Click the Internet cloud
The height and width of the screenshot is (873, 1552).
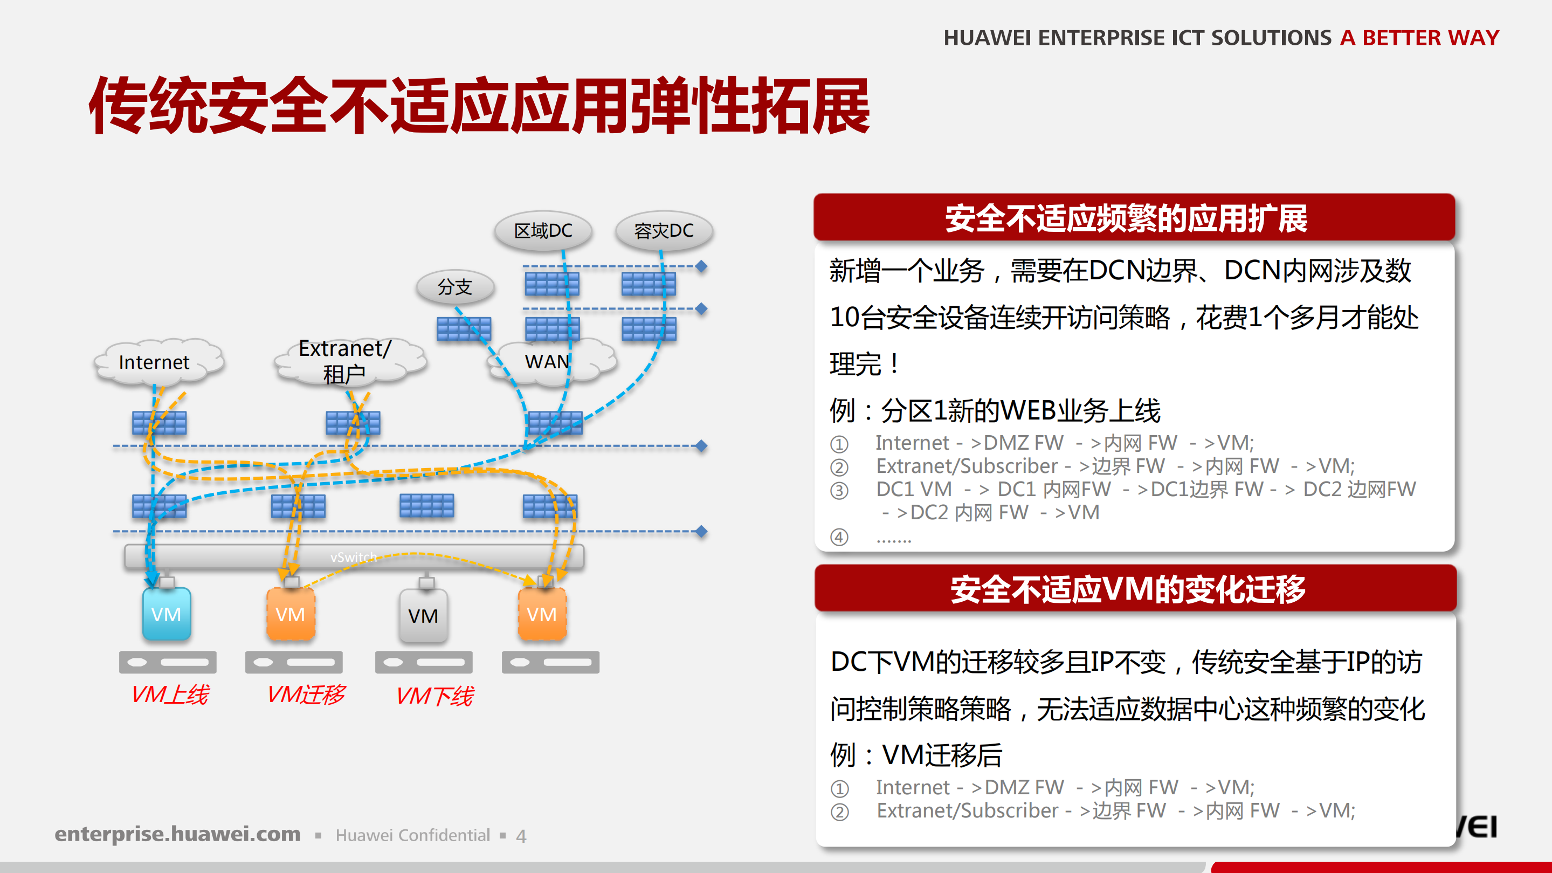[x=155, y=362]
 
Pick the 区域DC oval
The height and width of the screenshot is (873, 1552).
[x=543, y=231]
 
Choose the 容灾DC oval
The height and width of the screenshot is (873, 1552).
[x=664, y=231]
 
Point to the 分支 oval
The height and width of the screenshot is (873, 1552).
[x=455, y=287]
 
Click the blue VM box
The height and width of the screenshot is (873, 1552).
[x=166, y=614]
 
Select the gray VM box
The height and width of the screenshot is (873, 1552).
[x=423, y=616]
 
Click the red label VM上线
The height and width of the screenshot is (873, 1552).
[x=170, y=695]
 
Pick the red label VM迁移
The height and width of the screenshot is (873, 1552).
[x=306, y=695]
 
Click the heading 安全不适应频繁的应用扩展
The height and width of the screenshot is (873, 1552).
[x=1126, y=218]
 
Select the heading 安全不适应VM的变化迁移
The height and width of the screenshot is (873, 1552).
[x=1128, y=589]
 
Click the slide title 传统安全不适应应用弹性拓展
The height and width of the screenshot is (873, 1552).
[x=479, y=106]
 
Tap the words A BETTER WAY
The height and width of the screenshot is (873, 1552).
[x=1419, y=37]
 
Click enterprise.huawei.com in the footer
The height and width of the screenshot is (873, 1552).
[x=177, y=834]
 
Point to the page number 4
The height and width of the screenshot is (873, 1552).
[x=521, y=836]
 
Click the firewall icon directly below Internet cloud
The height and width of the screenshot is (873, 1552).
[x=159, y=423]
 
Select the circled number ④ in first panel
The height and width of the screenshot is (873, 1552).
[x=839, y=537]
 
